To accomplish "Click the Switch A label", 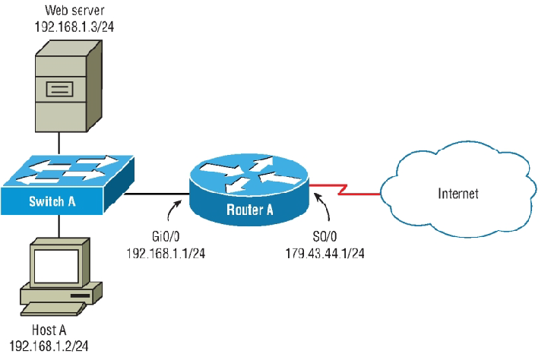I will click(x=53, y=201).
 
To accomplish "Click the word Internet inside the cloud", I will click(x=458, y=194).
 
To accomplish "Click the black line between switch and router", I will click(x=156, y=194).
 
